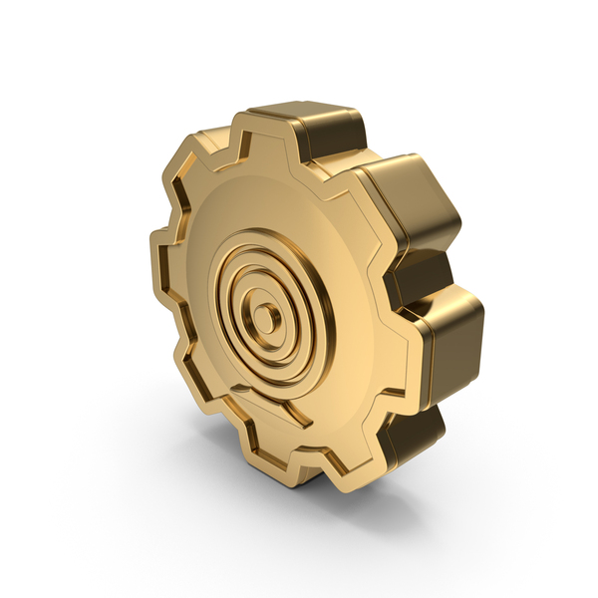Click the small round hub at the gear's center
click(x=266, y=318)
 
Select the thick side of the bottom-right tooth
click(x=414, y=434)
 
